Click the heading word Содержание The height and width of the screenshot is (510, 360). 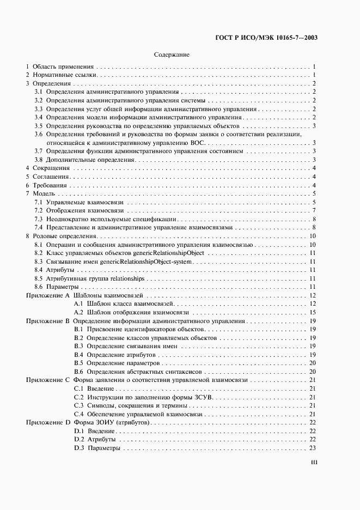[x=172, y=54]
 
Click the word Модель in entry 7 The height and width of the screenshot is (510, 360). [x=45, y=193]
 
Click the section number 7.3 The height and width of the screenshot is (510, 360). [x=38, y=219]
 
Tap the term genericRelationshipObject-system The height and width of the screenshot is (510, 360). [x=144, y=261]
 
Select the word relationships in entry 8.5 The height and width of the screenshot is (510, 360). [x=127, y=278]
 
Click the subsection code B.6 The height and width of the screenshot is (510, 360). [x=78, y=371]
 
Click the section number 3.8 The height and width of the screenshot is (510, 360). [x=38, y=160]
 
